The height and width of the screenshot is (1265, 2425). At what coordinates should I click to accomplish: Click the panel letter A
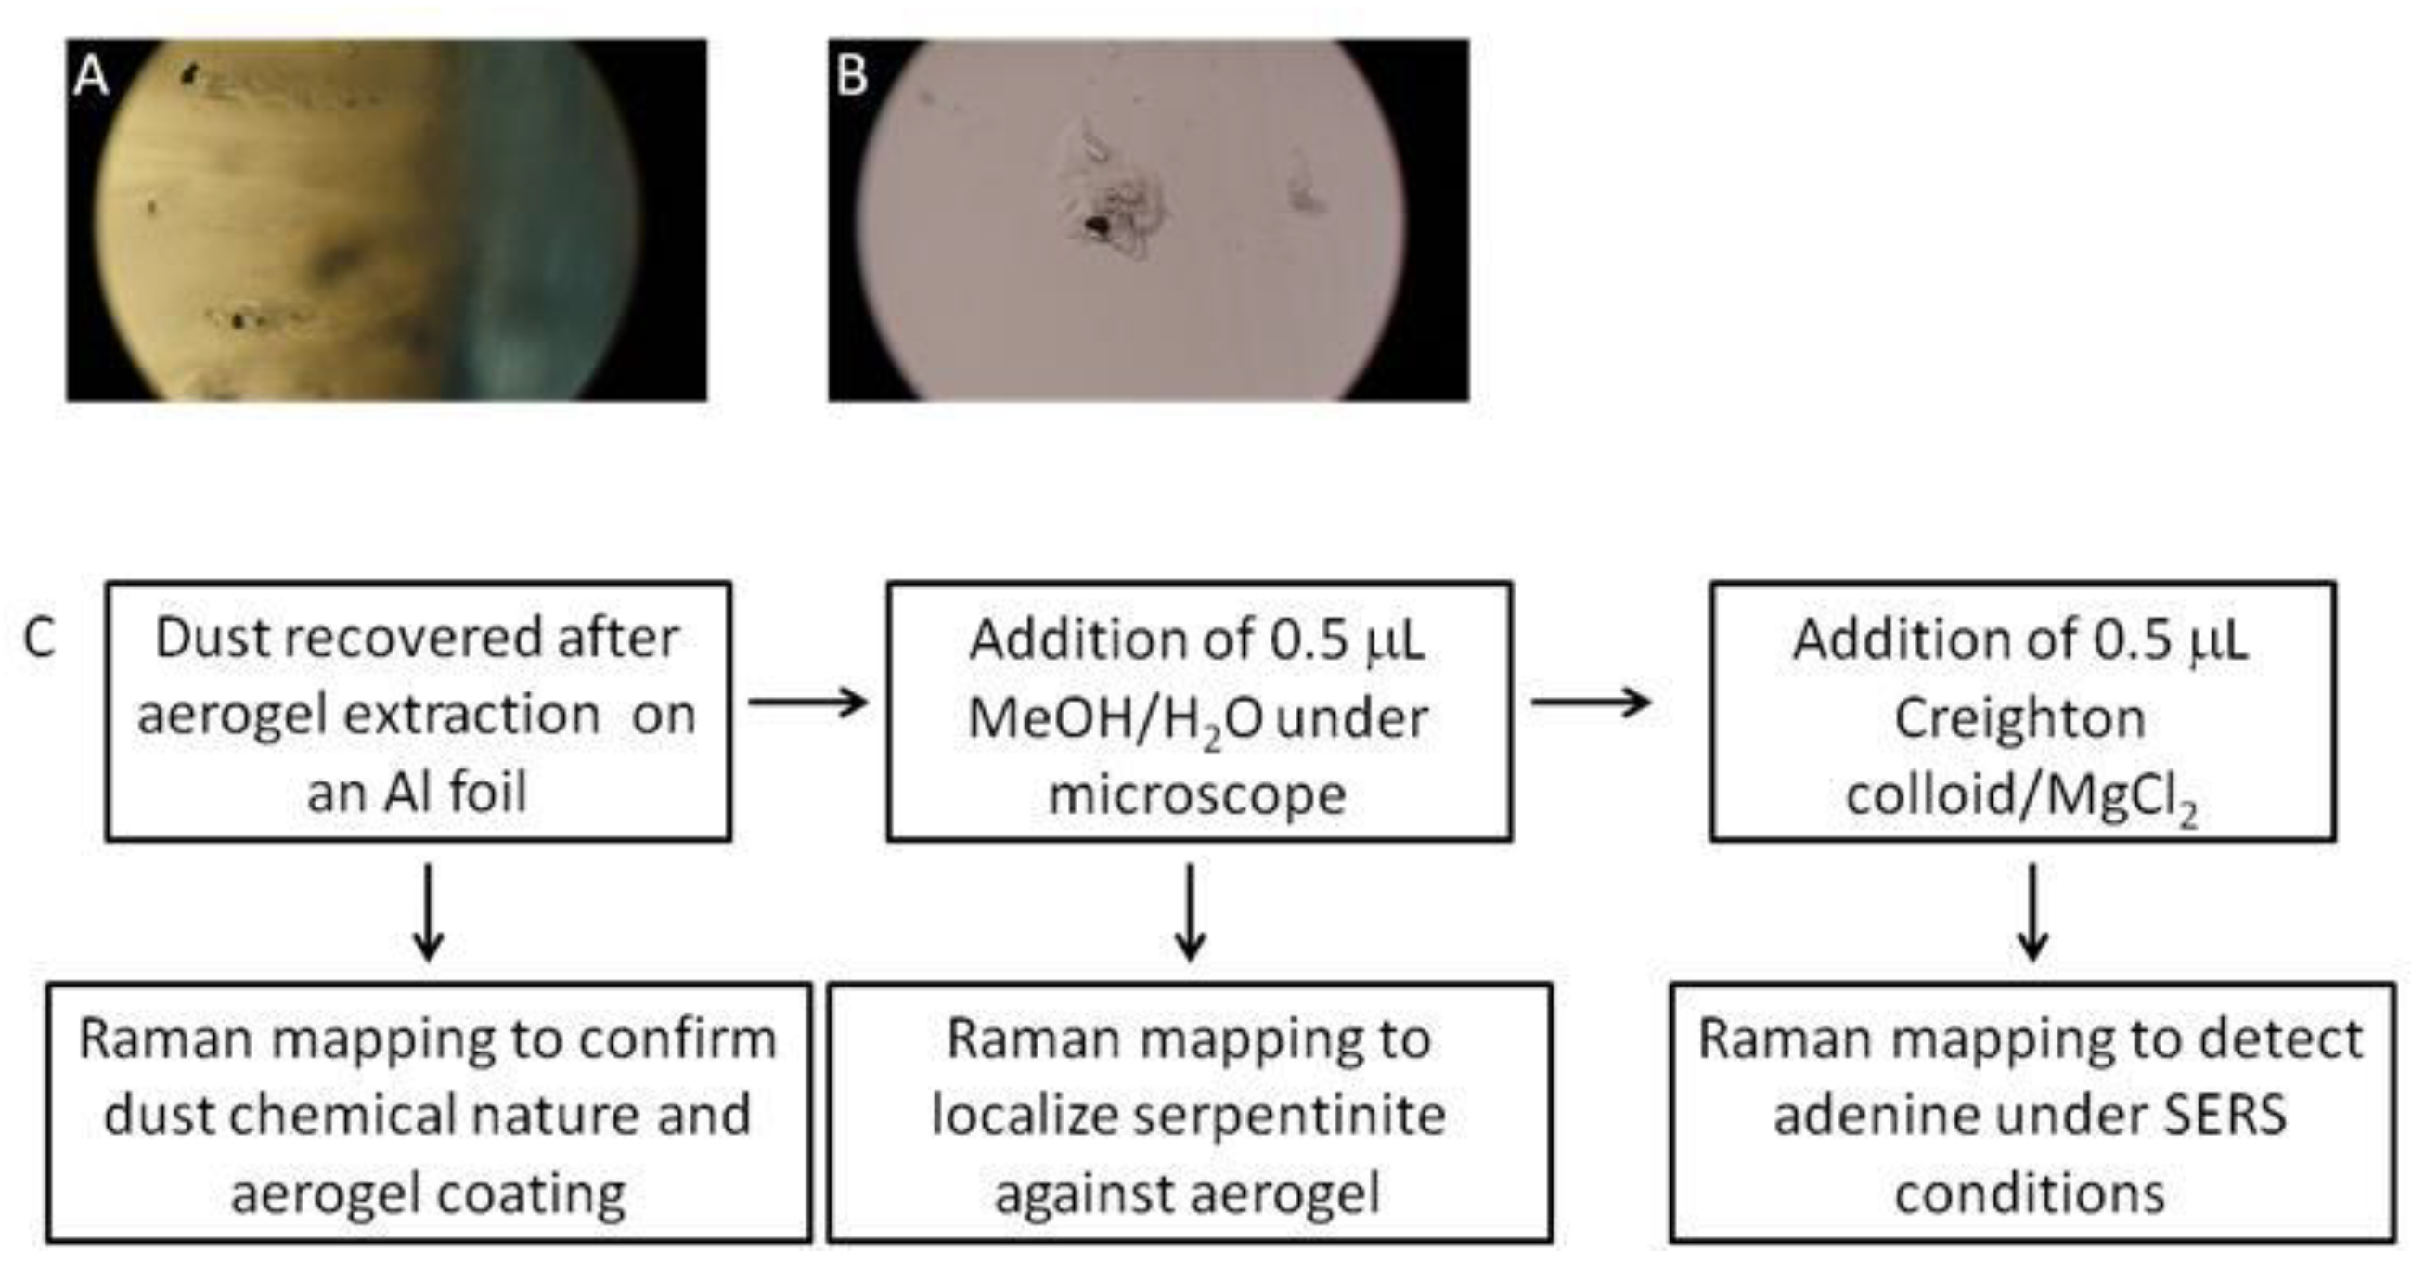pyautogui.click(x=90, y=75)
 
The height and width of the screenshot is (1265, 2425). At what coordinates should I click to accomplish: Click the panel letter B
pyautogui.click(x=851, y=75)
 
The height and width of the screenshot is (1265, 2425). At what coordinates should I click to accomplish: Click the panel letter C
pyautogui.click(x=40, y=639)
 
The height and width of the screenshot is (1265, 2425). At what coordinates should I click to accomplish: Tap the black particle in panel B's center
pyautogui.click(x=1096, y=225)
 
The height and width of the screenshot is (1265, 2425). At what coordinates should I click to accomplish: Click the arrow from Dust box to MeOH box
pyautogui.click(x=807, y=702)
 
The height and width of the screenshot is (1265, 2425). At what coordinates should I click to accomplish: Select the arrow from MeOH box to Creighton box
pyautogui.click(x=1590, y=702)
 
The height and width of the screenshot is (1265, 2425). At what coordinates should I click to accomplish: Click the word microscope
pyautogui.click(x=1197, y=794)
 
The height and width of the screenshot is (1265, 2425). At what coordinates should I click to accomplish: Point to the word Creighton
pyautogui.click(x=2019, y=717)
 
